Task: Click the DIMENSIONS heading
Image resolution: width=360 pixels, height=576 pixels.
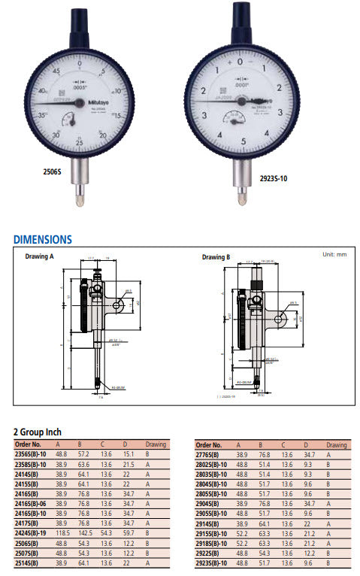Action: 43,240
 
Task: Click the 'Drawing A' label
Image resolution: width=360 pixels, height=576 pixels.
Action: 41,257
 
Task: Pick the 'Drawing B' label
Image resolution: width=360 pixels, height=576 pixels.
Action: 216,257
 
